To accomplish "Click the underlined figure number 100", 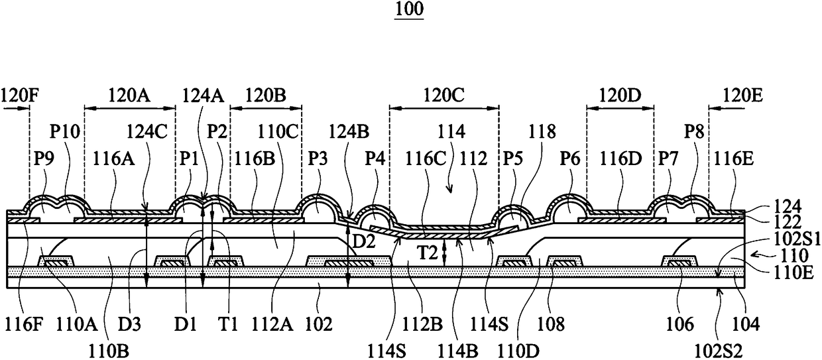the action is [409, 9].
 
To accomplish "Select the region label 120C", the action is [444, 95].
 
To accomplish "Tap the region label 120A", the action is [129, 95].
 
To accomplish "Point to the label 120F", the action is [20, 95].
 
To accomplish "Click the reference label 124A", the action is [204, 95].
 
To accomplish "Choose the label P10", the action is [64, 131].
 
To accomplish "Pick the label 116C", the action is [426, 159].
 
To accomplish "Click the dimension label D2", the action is [364, 242].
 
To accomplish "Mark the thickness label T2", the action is [428, 253].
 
